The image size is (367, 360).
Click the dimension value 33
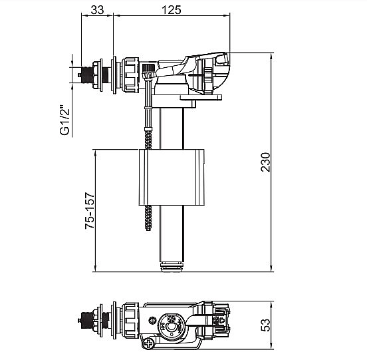coord(97,9)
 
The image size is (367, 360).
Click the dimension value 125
coord(172,9)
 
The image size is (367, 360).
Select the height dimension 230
coord(265,162)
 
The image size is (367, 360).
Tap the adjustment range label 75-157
coord(90,210)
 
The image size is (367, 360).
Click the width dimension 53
coord(265,325)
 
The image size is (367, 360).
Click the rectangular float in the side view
coord(172,177)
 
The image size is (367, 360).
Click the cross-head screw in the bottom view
coord(148,344)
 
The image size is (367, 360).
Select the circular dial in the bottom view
coord(171,325)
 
